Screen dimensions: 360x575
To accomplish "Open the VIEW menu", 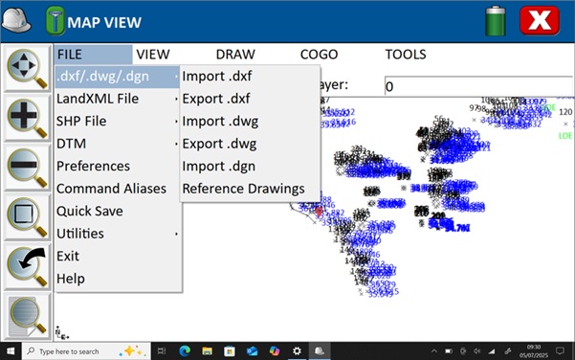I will click(x=152, y=55).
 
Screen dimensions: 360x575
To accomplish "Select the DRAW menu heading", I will click(x=235, y=55).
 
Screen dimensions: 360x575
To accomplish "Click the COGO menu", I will click(x=319, y=55).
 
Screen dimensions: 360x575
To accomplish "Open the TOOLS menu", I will click(x=405, y=55).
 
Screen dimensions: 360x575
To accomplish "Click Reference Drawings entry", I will click(x=243, y=189).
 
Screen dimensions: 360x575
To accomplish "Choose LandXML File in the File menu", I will click(x=98, y=99).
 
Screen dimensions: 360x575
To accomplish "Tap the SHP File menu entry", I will click(x=81, y=122).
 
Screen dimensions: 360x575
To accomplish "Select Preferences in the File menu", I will click(x=93, y=166).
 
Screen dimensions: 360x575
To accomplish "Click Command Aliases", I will click(x=111, y=189).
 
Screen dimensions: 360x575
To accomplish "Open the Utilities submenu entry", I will click(x=80, y=234).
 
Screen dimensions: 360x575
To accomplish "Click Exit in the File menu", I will click(x=68, y=256).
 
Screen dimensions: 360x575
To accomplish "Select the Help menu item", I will click(x=70, y=279).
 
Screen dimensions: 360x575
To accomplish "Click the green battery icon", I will click(x=495, y=20).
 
